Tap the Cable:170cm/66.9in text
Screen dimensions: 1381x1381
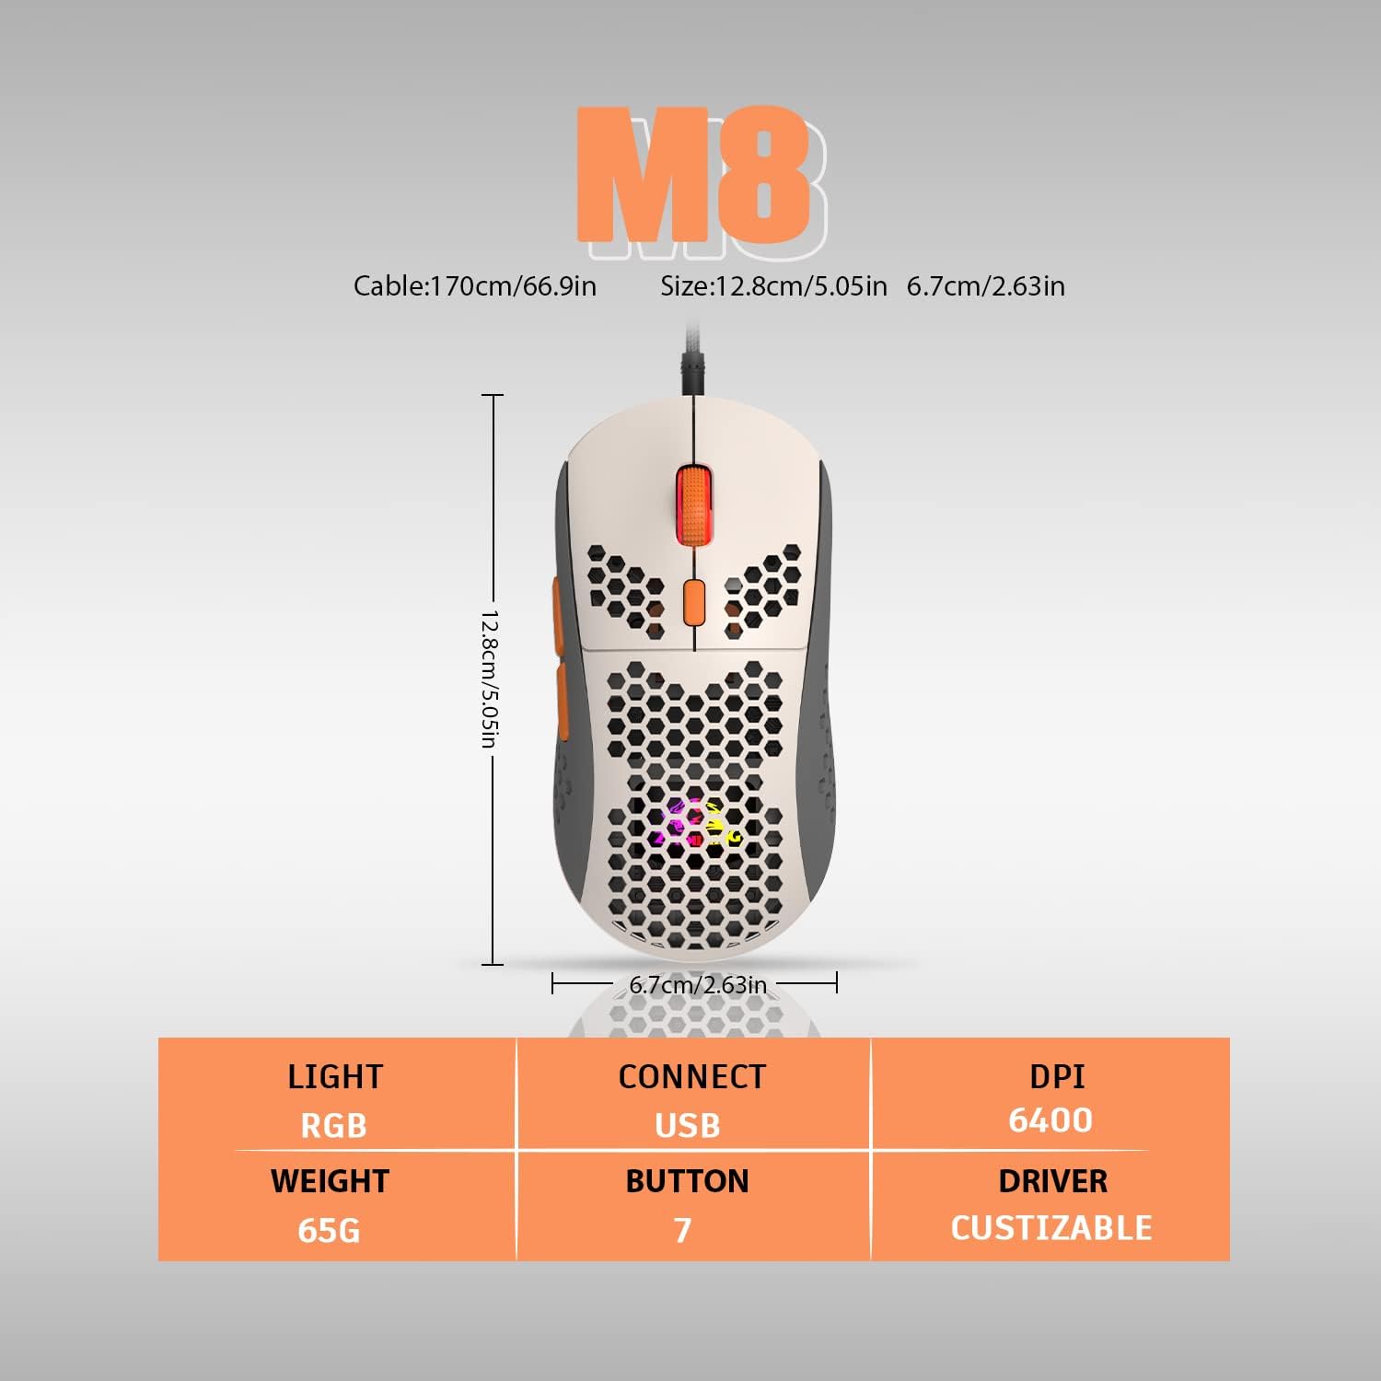(475, 286)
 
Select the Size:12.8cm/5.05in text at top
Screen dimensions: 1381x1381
(773, 286)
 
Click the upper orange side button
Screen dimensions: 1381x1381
(559, 608)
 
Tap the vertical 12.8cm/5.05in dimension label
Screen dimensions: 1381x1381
(491, 679)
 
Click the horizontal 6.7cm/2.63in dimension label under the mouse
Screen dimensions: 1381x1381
(698, 985)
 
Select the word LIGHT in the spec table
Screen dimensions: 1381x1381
(334, 1077)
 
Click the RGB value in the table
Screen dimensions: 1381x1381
(333, 1126)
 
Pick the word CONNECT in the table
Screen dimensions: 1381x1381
(691, 1077)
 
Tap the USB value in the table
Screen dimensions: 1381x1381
(688, 1126)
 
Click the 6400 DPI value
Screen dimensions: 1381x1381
(1050, 1120)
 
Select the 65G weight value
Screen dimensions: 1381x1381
(329, 1230)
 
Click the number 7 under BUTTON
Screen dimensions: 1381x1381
(682, 1230)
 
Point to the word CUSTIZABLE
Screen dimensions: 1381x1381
(1051, 1228)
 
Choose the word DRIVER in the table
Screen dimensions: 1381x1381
(1053, 1181)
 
